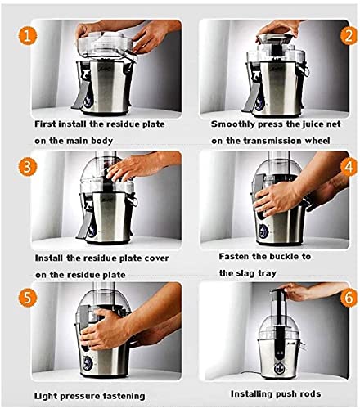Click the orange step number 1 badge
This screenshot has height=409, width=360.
click(27, 36)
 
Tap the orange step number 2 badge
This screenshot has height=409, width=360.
click(349, 36)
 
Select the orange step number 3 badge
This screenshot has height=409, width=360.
click(27, 167)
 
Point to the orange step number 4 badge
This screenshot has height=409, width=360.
click(349, 167)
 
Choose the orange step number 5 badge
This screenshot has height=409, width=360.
click(27, 298)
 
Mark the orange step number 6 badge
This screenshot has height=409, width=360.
click(349, 298)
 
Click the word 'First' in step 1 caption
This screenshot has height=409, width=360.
click(45, 124)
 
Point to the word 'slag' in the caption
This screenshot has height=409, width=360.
click(243, 273)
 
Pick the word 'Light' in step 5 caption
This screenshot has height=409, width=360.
click(45, 396)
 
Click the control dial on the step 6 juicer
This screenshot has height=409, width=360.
click(279, 369)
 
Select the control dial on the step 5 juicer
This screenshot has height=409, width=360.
click(88, 363)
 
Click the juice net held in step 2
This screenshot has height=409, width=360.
click(277, 38)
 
